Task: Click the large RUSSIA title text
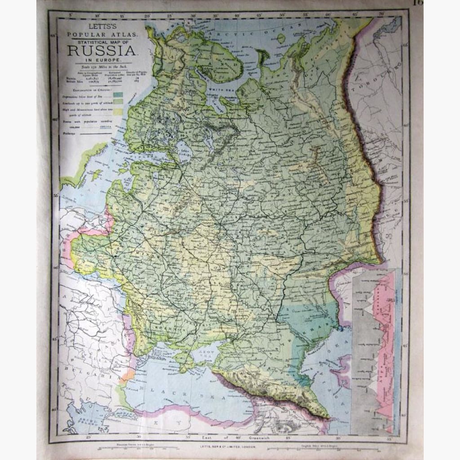(x=100, y=50)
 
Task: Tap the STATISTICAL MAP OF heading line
(x=100, y=41)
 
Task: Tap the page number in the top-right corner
(x=419, y=3)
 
